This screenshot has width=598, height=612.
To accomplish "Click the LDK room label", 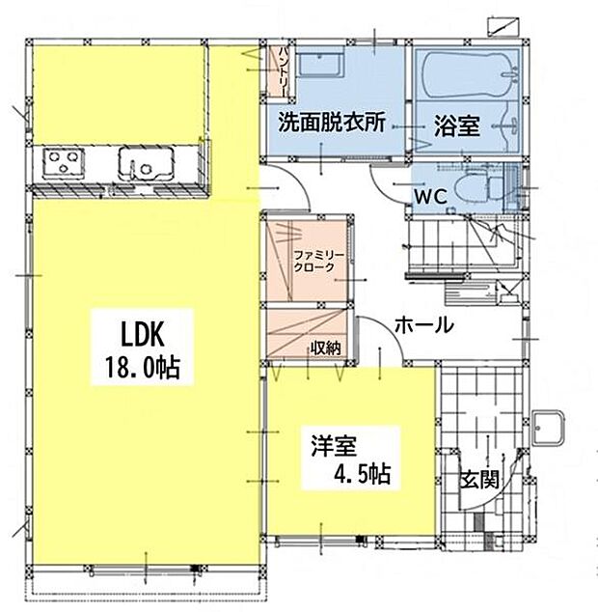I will pyautogui.click(x=145, y=334).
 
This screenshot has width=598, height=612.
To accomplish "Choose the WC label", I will pyautogui.click(x=428, y=195).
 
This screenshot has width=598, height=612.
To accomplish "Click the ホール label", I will pyautogui.click(x=423, y=326).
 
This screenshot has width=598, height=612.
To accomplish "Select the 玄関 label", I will pyautogui.click(x=479, y=478).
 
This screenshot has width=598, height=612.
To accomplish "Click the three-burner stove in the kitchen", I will pyautogui.click(x=63, y=160).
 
